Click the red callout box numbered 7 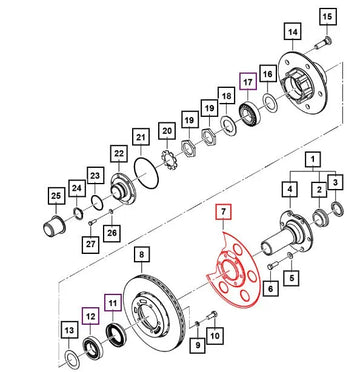point(224,212)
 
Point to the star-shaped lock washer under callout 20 point(170,160)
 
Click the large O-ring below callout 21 point(146,172)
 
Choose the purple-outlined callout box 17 point(248,81)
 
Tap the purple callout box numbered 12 point(91,315)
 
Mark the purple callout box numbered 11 point(113,303)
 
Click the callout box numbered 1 point(314,160)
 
